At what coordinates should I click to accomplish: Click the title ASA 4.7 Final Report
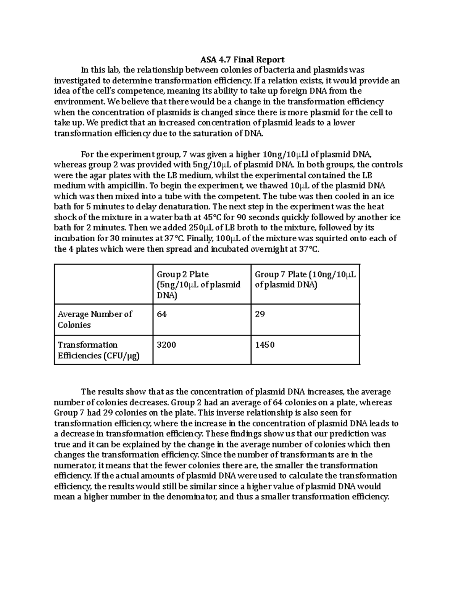242,60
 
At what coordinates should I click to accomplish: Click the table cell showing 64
162,314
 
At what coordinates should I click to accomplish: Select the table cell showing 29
260,314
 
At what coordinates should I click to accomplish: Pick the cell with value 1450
264,345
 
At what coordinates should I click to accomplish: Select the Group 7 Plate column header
305,280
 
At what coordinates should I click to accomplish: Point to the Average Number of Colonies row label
95,319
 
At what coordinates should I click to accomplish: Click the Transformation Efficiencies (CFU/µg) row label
98,350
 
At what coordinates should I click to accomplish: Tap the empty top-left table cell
103,284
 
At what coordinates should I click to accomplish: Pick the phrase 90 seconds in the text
256,217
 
